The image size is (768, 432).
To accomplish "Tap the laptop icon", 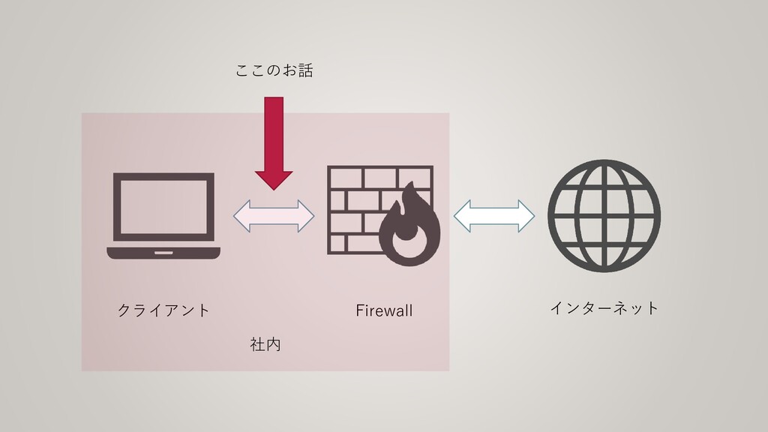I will pyautogui.click(x=163, y=216).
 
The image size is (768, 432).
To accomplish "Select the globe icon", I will pyautogui.click(x=604, y=215).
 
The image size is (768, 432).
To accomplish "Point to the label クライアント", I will pyautogui.click(x=163, y=310).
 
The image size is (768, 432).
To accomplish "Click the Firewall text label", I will pyautogui.click(x=384, y=310).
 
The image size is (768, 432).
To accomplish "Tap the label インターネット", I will pyautogui.click(x=604, y=307).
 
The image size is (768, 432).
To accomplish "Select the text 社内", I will pyautogui.click(x=265, y=345).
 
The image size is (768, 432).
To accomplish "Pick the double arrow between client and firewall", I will pyautogui.click(x=274, y=216).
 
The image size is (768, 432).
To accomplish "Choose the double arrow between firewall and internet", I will pyautogui.click(x=493, y=216).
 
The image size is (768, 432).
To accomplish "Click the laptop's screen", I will pyautogui.click(x=163, y=204).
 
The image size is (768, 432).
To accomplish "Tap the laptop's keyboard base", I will pyautogui.click(x=163, y=253).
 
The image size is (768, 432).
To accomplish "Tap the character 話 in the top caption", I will pyautogui.click(x=304, y=70).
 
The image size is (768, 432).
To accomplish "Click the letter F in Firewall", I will pyautogui.click(x=358, y=310).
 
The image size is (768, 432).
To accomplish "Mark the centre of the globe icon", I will pyautogui.click(x=604, y=215).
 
